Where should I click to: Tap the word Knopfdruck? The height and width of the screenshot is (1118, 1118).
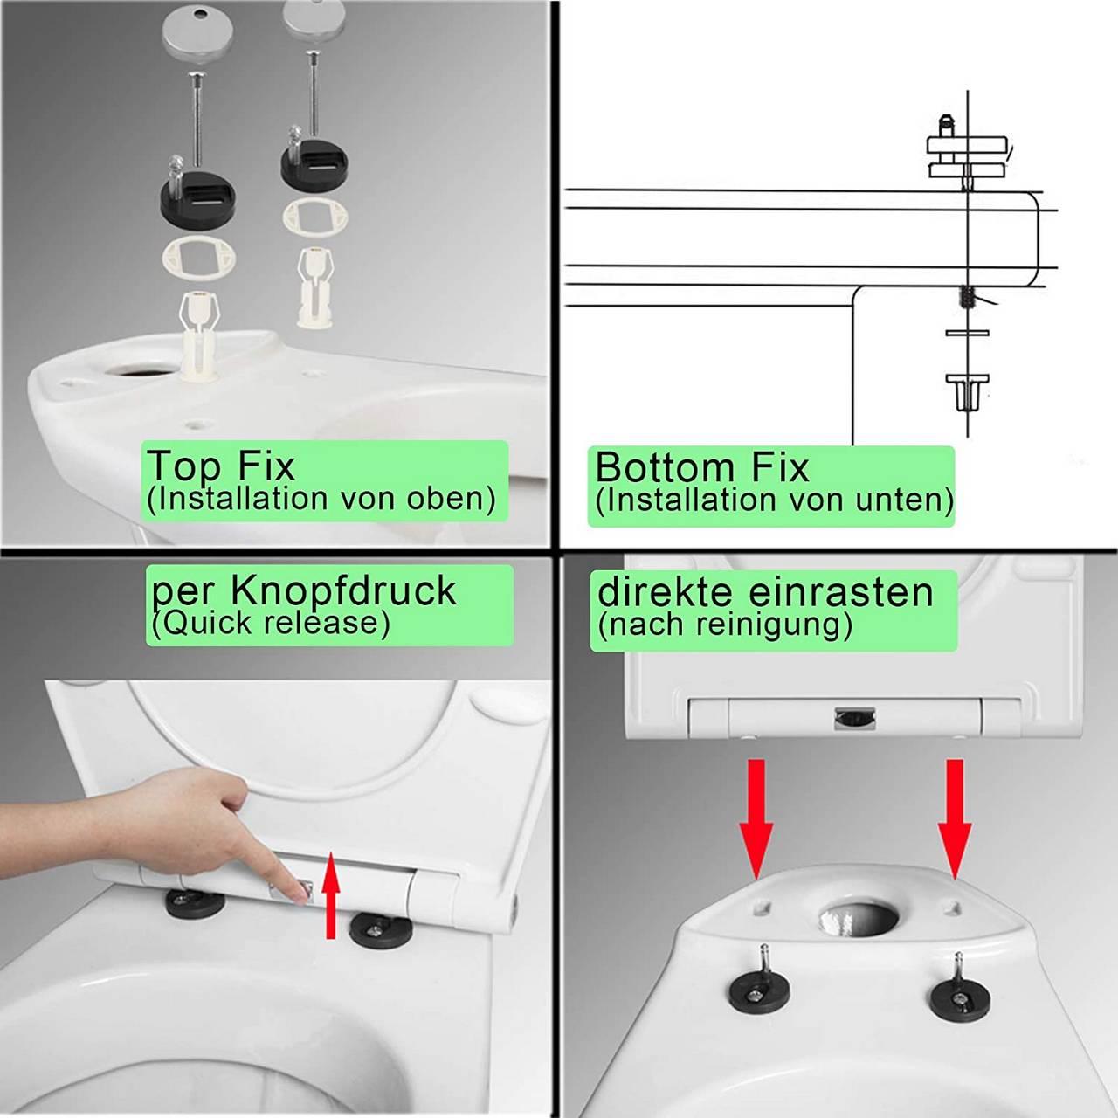click(x=343, y=590)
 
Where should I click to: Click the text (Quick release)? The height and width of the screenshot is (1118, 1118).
click(x=270, y=623)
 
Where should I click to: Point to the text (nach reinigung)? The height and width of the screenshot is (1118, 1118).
click(x=725, y=625)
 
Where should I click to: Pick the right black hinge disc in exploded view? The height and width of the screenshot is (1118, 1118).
click(x=314, y=162)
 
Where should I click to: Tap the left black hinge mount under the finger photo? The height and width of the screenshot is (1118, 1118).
click(x=194, y=901)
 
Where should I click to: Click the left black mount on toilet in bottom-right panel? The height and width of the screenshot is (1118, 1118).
click(x=758, y=989)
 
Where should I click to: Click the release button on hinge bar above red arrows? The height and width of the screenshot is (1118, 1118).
click(x=854, y=718)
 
